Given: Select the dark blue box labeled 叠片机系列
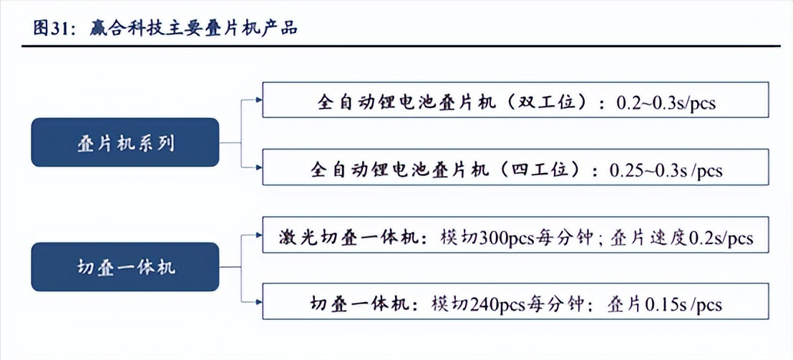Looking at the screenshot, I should [x=125, y=142].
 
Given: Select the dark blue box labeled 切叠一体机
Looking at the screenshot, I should [x=125, y=266].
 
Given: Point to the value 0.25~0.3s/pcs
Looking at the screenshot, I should [x=665, y=170].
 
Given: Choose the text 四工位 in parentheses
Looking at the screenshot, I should [x=539, y=170].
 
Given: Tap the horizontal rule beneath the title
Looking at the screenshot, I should [x=396, y=47].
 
